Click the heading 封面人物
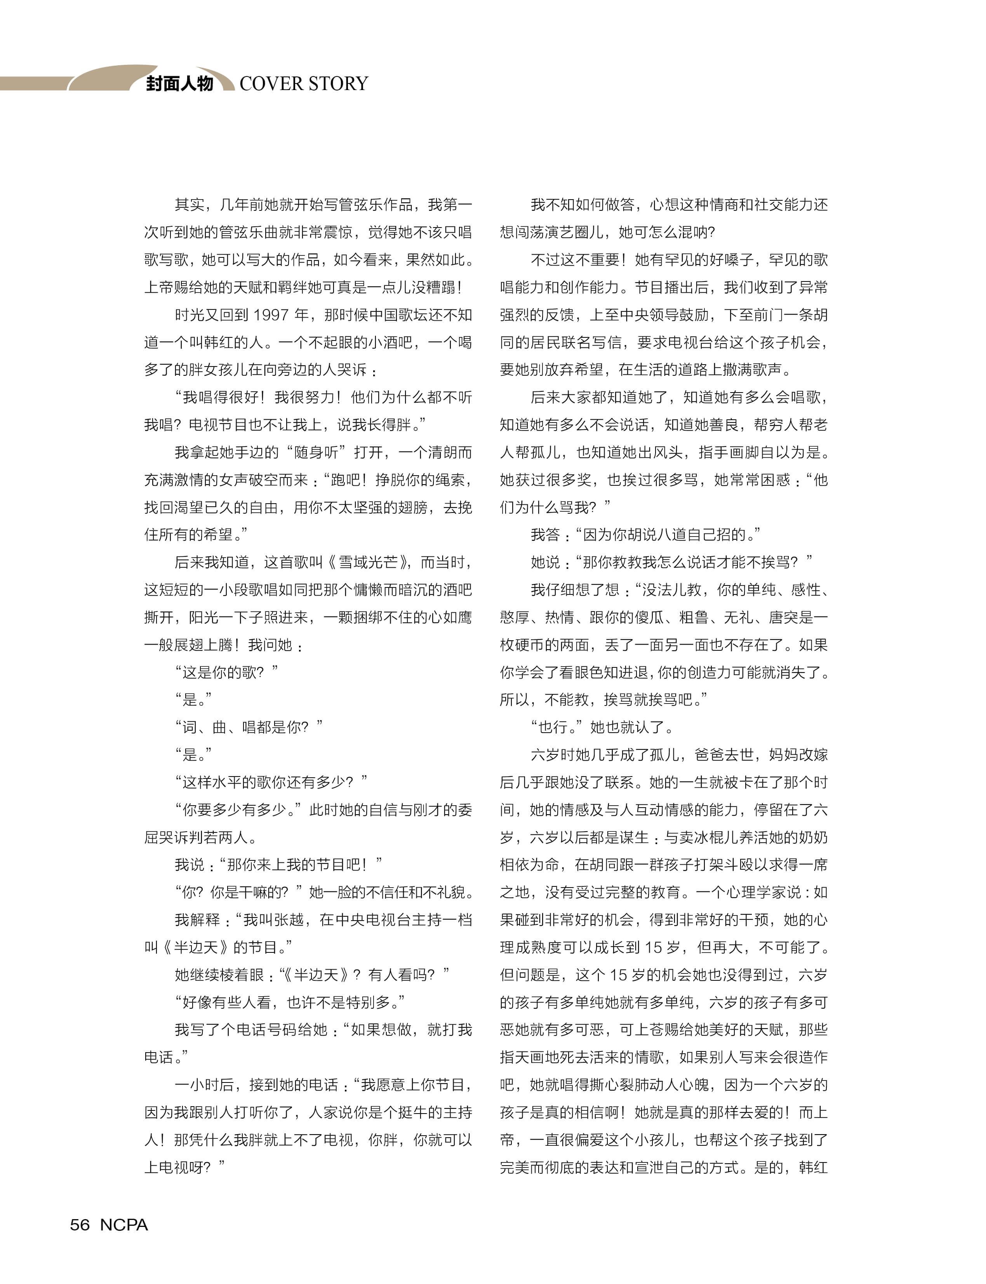pyautogui.click(x=179, y=84)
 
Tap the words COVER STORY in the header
pyautogui.click(x=303, y=84)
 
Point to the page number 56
pyautogui.click(x=80, y=1225)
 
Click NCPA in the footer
pyautogui.click(x=124, y=1225)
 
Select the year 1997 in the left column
pyautogui.click(x=271, y=315)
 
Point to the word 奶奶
pyautogui.click(x=813, y=837)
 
